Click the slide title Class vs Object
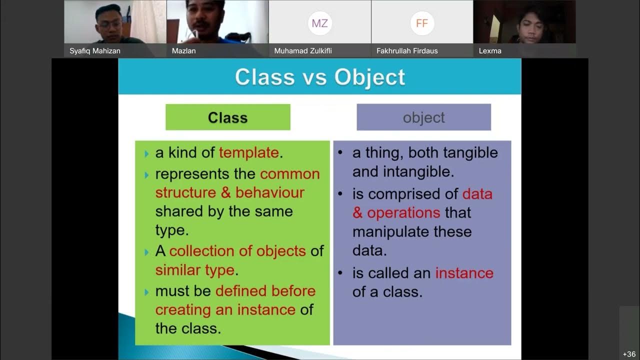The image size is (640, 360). click(x=320, y=77)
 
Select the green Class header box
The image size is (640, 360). click(x=228, y=117)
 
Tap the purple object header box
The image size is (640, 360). click(x=423, y=117)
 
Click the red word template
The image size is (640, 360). click(x=248, y=153)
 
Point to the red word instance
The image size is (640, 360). click(x=464, y=273)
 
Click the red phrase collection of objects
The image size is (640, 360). click(x=237, y=251)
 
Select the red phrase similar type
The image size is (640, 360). click(x=194, y=270)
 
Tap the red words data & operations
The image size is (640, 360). click(x=422, y=203)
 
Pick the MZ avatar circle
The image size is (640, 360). click(x=319, y=23)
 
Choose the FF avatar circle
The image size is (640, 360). click(x=422, y=23)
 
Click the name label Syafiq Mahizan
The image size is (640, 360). click(x=95, y=51)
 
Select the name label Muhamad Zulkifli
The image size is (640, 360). click(x=303, y=51)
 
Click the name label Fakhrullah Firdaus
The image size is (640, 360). click(x=407, y=51)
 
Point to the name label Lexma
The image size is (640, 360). click(x=490, y=51)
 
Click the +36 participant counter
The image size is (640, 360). click(x=629, y=354)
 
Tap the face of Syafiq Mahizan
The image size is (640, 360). click(x=109, y=22)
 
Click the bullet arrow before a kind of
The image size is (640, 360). click(x=146, y=153)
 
